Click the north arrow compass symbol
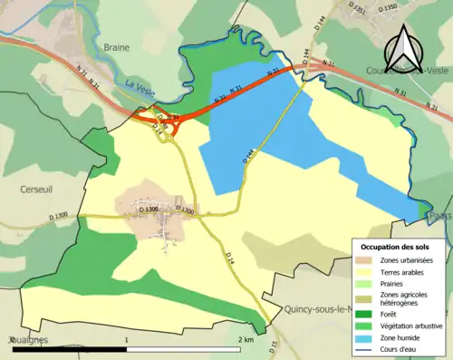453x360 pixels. (x=405, y=44)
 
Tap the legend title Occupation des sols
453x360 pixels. (x=400, y=248)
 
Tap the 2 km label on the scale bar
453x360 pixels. (x=246, y=339)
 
